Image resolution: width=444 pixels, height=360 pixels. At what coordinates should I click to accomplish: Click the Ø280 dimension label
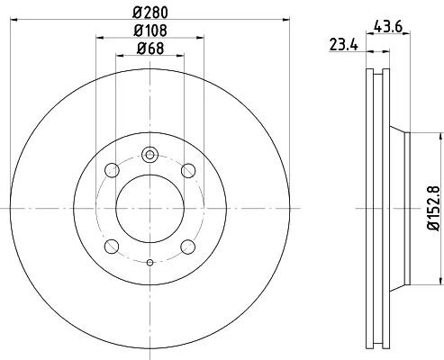150,13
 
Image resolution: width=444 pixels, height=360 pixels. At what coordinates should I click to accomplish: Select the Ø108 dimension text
150,31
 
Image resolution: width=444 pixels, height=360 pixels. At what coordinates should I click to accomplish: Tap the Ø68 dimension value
150,49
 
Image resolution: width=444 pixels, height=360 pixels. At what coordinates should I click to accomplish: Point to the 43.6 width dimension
388,27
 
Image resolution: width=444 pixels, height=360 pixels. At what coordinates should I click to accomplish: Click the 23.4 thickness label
344,45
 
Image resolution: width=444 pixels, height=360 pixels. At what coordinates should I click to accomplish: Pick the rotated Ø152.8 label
433,208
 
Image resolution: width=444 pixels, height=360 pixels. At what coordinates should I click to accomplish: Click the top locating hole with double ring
150,155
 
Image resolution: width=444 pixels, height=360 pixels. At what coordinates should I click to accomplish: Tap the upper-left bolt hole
112,170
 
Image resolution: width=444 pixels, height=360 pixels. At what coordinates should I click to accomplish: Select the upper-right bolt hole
188,170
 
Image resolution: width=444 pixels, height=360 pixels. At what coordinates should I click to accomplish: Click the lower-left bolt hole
112,247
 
